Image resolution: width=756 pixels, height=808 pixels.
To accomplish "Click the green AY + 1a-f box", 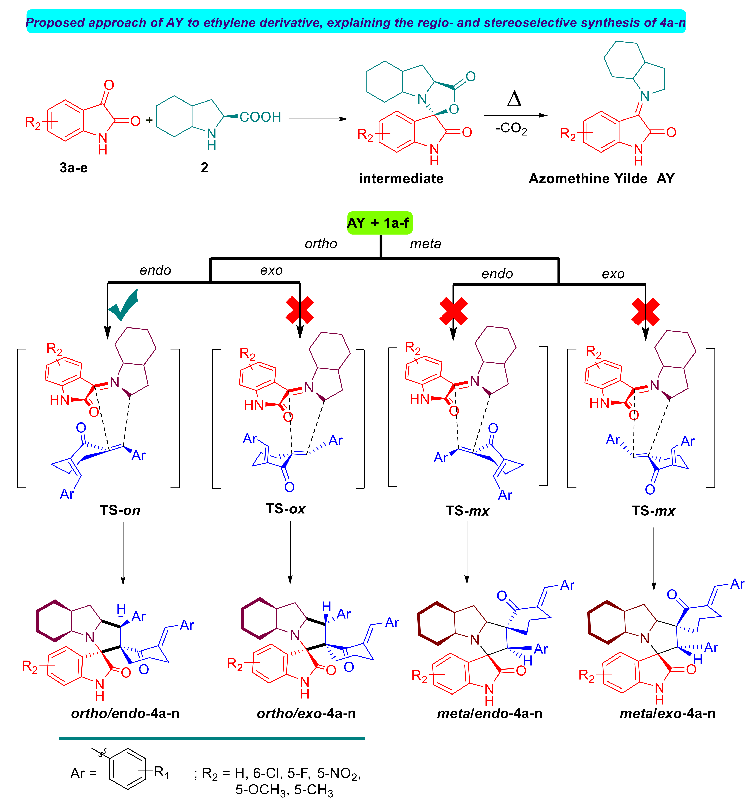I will (379, 223).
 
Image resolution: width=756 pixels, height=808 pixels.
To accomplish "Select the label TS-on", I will (120, 510).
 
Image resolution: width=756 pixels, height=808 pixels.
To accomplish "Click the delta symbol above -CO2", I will (514, 99).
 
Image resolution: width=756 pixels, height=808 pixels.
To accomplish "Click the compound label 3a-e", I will (74, 167).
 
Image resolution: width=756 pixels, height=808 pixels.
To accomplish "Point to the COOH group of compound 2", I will (260, 117).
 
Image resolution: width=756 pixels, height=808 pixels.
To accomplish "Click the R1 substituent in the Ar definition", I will (161, 772).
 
